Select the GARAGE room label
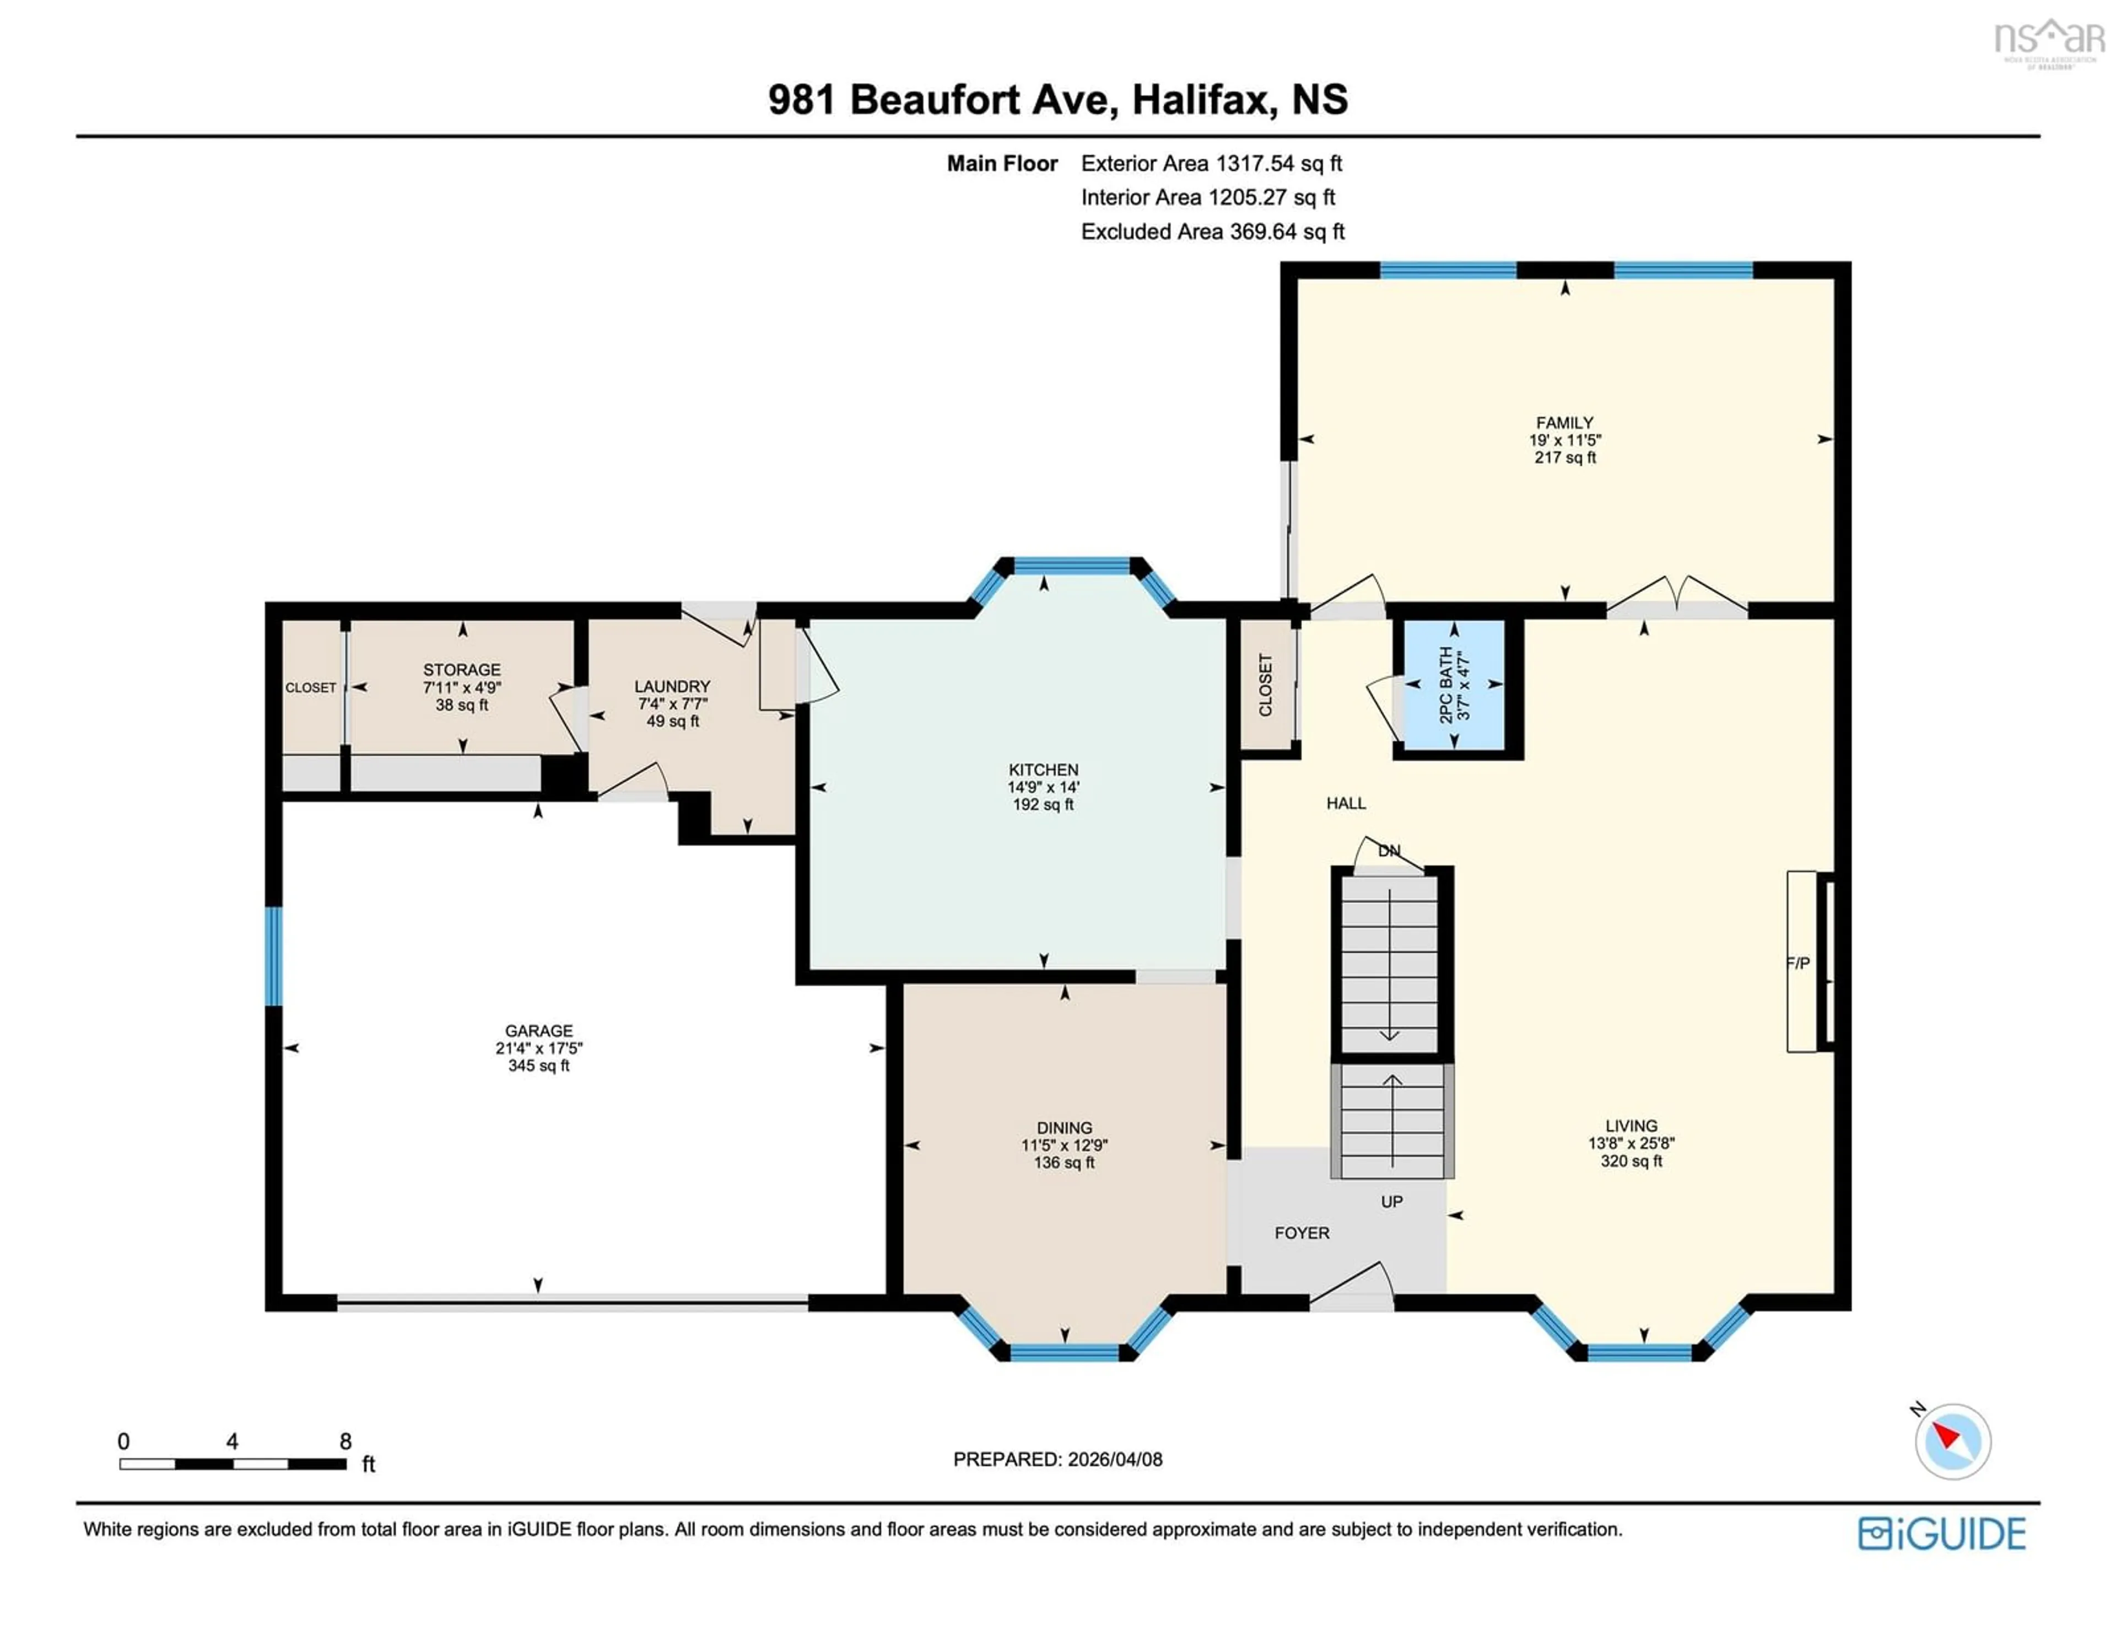point(539,1030)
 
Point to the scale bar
point(233,1464)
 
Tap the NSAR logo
point(2048,41)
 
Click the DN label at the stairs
point(1389,850)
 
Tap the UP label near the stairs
point(1391,1201)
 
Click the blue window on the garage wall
point(274,956)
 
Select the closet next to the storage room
point(311,687)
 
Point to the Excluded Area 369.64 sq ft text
point(1212,232)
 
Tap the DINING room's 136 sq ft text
point(1064,1162)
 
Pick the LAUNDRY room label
point(672,685)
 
